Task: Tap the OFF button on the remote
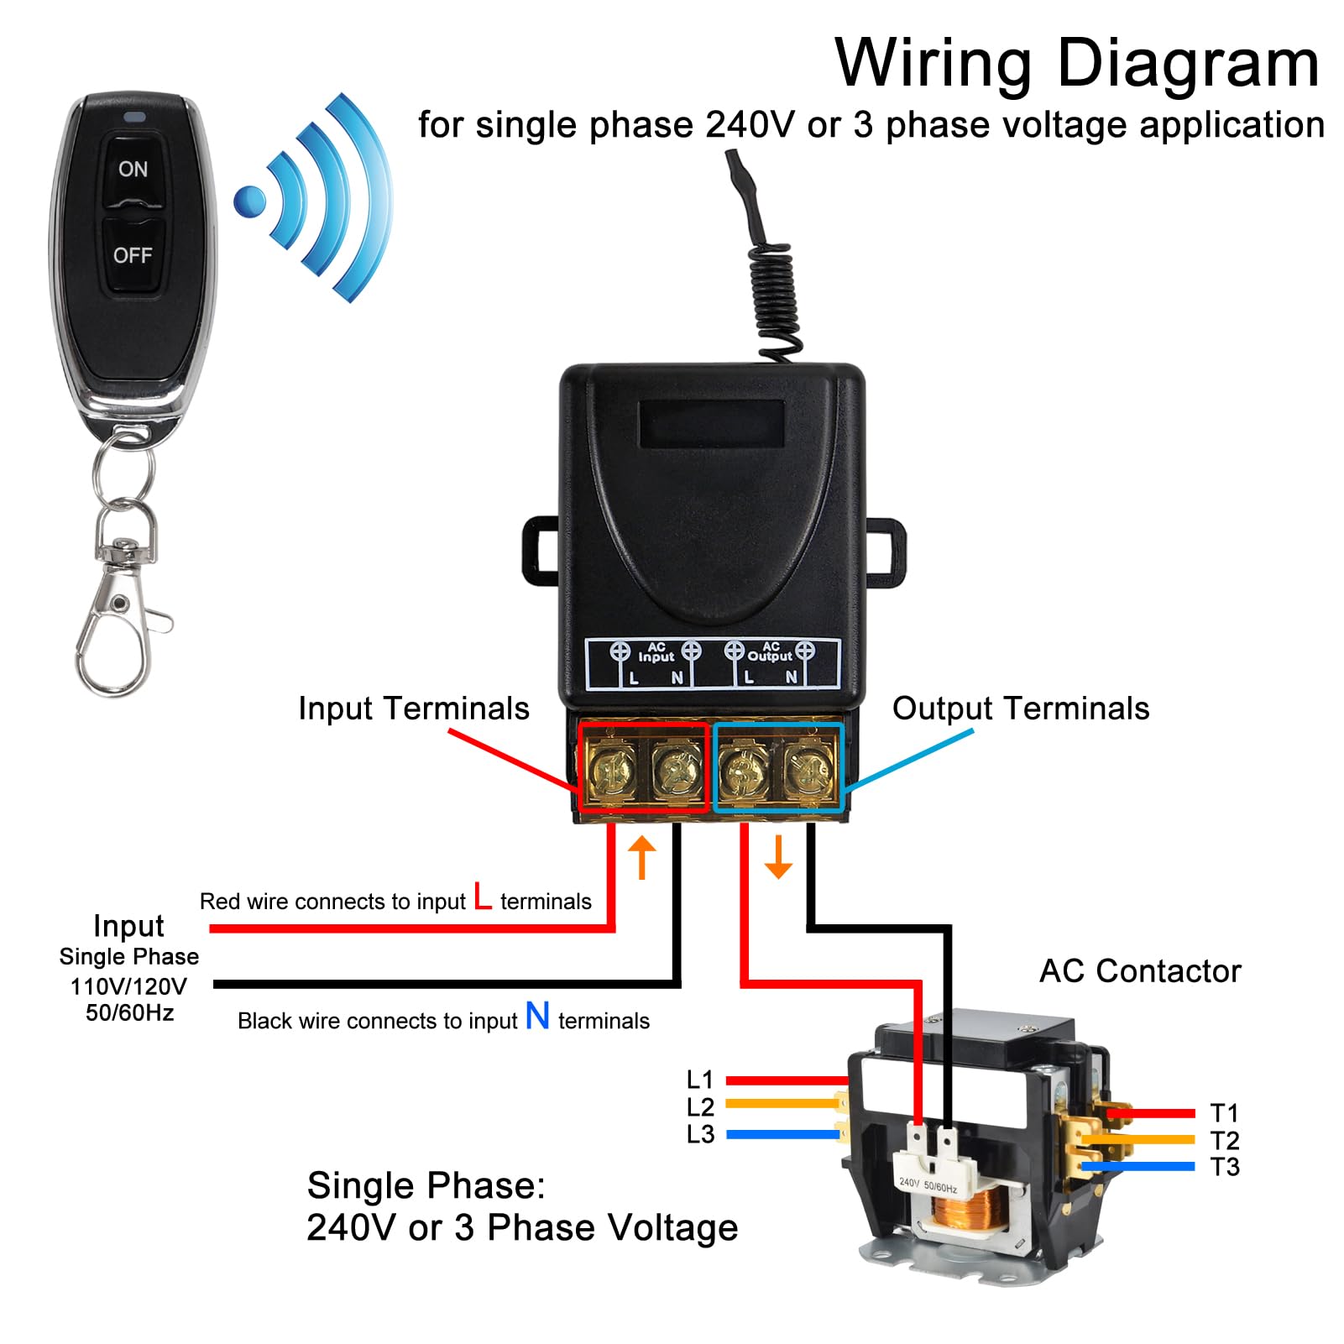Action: (x=133, y=255)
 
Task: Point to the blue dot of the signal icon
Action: (x=249, y=201)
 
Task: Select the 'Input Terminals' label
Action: (x=414, y=709)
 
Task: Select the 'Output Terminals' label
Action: (x=1020, y=709)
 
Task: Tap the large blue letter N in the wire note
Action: (x=537, y=1016)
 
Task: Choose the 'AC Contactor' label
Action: (x=1140, y=971)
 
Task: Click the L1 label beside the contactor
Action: (x=699, y=1080)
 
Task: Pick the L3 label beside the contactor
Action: (x=700, y=1134)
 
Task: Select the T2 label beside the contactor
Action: (x=1225, y=1140)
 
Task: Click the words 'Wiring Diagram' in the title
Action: (x=1077, y=63)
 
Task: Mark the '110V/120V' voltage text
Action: (x=128, y=986)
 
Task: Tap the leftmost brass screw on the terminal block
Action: (x=610, y=768)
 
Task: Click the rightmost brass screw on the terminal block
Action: (x=809, y=768)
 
